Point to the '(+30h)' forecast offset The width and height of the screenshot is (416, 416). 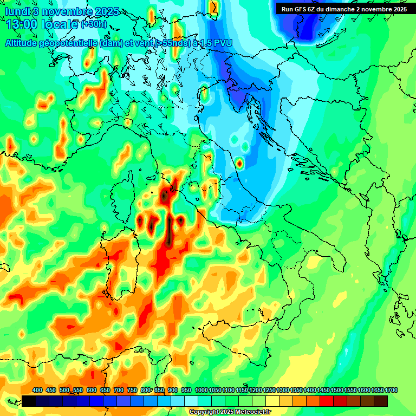94,24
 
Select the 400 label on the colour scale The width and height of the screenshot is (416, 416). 37,390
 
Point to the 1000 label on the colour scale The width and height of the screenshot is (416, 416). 201,390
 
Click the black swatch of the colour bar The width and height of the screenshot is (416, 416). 29,401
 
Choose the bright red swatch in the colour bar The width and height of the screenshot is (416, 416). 327,401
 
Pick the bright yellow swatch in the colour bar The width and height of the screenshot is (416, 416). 272,401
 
